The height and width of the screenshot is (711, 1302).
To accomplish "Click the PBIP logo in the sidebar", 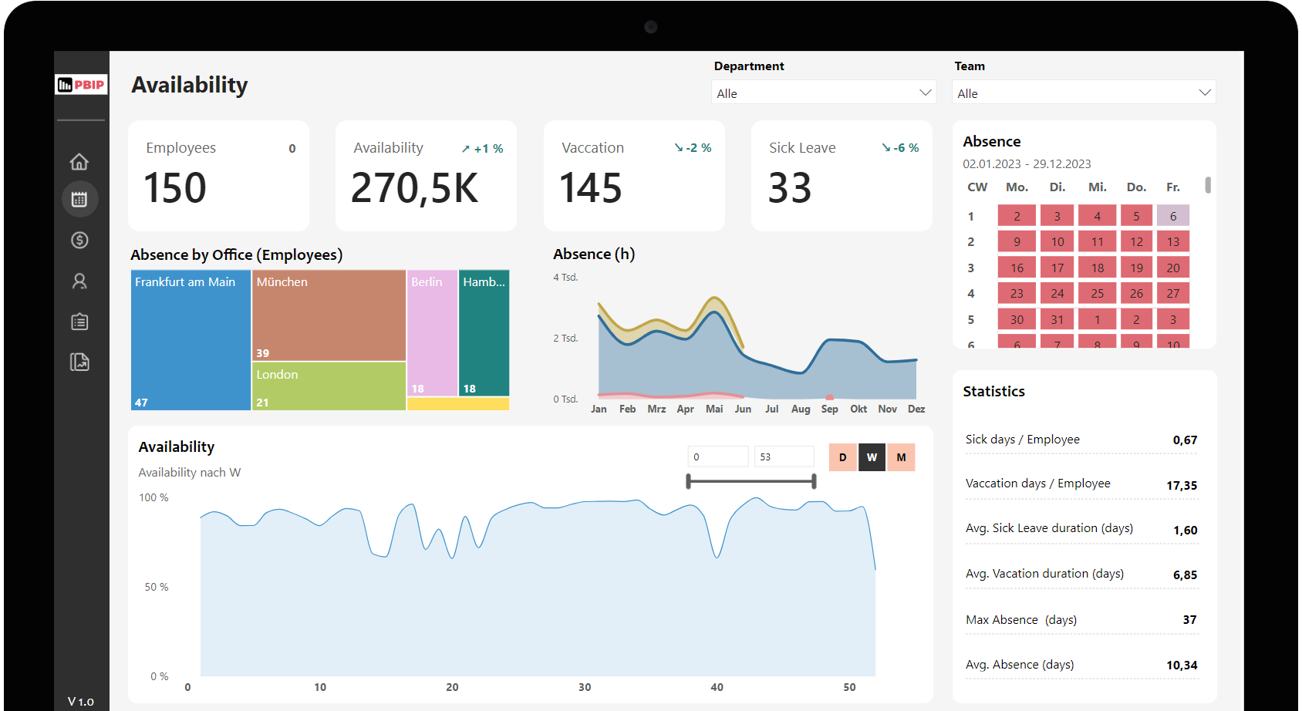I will point(81,85).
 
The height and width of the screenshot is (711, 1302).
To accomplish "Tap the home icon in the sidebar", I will point(79,162).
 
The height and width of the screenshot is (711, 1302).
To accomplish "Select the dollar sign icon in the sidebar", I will point(79,241).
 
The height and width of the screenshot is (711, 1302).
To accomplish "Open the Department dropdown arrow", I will point(926,93).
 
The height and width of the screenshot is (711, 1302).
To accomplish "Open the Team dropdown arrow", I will point(1204,93).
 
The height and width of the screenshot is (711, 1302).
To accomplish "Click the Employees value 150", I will point(175,188).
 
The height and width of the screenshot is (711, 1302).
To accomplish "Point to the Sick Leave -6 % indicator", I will point(900,148).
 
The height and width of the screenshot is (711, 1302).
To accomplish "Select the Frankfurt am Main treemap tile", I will point(191,339).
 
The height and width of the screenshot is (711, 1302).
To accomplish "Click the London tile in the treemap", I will point(329,386).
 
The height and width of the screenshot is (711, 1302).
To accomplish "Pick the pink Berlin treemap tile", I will point(432,332).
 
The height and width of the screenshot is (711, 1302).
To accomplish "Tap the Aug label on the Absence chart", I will point(801,409).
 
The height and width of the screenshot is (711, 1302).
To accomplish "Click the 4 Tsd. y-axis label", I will point(565,278).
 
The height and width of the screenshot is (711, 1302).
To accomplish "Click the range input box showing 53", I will point(783,457).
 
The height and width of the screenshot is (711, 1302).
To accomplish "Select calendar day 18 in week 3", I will point(1097,268).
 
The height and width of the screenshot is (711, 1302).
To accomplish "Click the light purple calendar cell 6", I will point(1172,216).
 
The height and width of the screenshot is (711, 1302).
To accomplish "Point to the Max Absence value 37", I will point(1189,620).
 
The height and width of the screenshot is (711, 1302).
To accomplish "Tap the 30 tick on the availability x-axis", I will point(585,687).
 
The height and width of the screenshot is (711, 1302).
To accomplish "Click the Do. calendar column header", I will point(1136,187).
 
